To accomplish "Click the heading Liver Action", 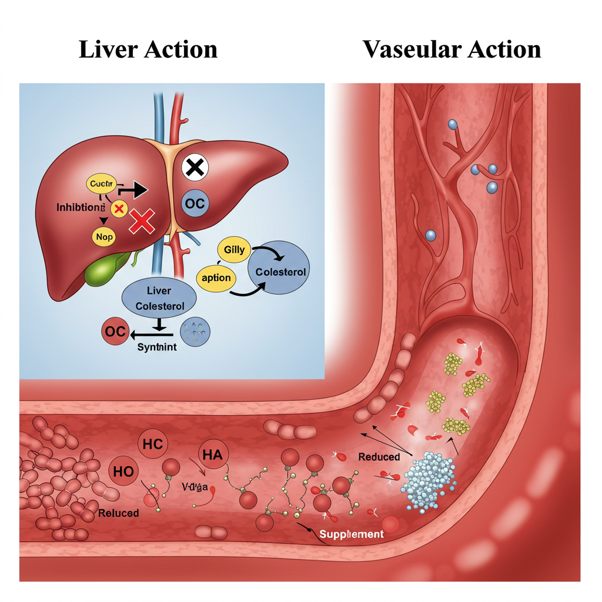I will coord(148,49).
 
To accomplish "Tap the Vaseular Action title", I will coord(451,49).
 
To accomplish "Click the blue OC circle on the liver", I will coord(195,204).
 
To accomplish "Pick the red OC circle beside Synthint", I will coord(115,332).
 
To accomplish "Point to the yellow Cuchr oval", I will coord(102,184).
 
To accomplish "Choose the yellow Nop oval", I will coord(106,236).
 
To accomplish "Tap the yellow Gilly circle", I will coord(234,250).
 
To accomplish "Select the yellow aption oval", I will coord(217,277).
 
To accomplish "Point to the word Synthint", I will coord(156,347).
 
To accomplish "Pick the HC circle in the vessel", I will coord(152,444).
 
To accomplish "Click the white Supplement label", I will coord(351,534).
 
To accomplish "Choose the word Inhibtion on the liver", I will coord(81,208).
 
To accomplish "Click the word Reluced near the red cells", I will coord(119,513).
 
